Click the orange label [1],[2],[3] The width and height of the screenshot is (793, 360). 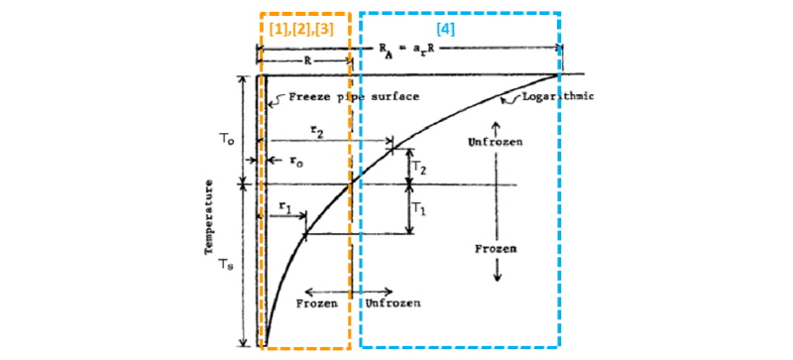pyautogui.click(x=304, y=32)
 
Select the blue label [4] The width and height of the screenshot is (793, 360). pyautogui.click(x=446, y=32)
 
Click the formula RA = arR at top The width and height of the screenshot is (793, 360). pyautogui.click(x=410, y=48)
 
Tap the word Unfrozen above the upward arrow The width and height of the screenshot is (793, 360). pyautogui.click(x=496, y=143)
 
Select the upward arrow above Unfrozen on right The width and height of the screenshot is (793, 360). pyautogui.click(x=498, y=127)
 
